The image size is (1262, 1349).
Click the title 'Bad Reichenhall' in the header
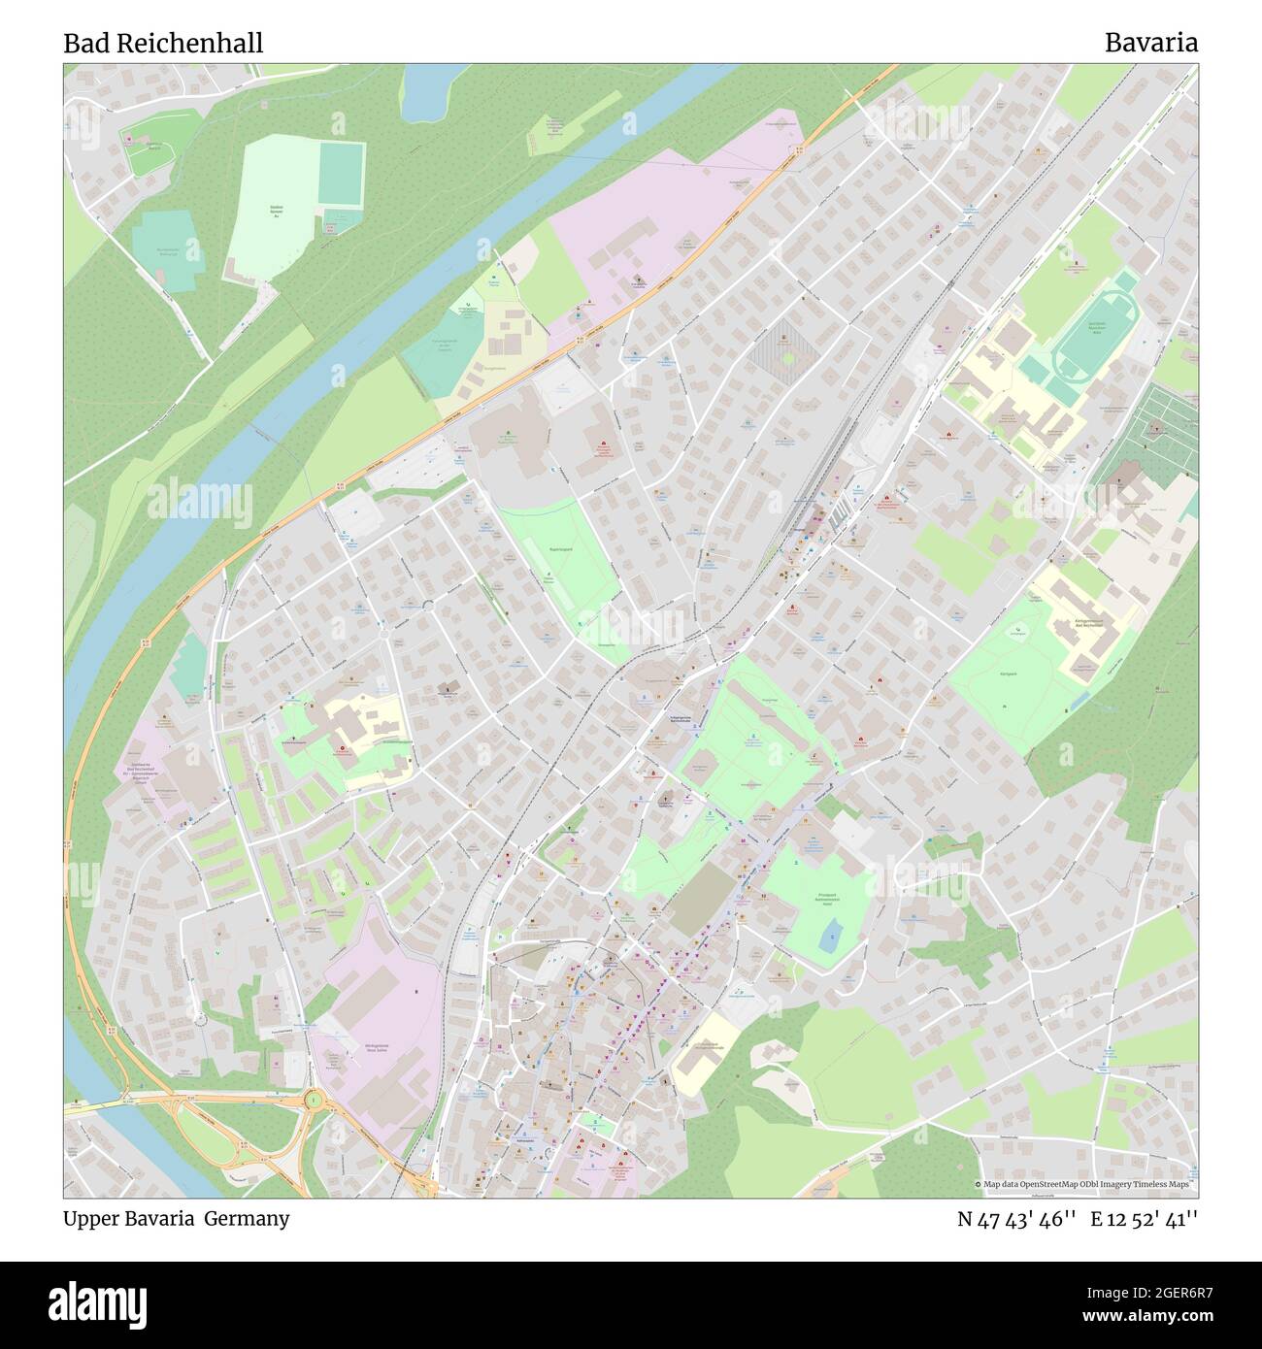[163, 44]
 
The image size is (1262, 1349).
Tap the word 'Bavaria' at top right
[1150, 44]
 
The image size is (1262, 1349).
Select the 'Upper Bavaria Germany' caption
[176, 1219]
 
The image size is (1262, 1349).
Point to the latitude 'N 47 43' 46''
[1016, 1219]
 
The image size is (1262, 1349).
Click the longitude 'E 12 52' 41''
[1144, 1219]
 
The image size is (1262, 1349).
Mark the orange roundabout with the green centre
[315, 1100]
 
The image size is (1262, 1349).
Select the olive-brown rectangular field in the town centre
[703, 900]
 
